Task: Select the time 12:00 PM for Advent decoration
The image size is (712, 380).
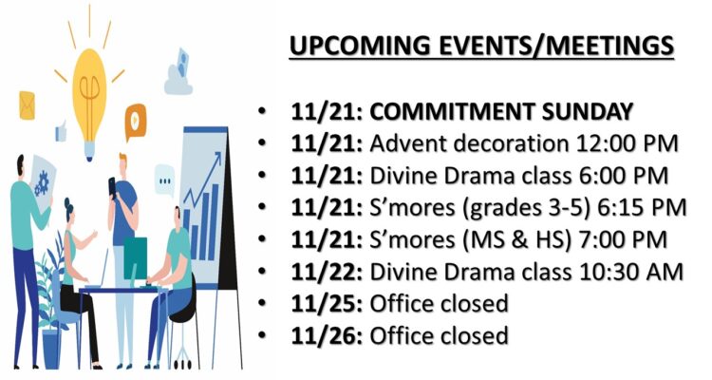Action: [628, 143]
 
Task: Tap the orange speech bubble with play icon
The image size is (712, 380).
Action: [136, 122]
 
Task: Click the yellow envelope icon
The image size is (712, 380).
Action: [27, 105]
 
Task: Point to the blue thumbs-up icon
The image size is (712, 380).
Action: [61, 131]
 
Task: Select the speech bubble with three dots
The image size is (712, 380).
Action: [164, 180]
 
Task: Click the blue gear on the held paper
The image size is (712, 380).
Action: [42, 183]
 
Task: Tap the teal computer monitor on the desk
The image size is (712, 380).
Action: [136, 258]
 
